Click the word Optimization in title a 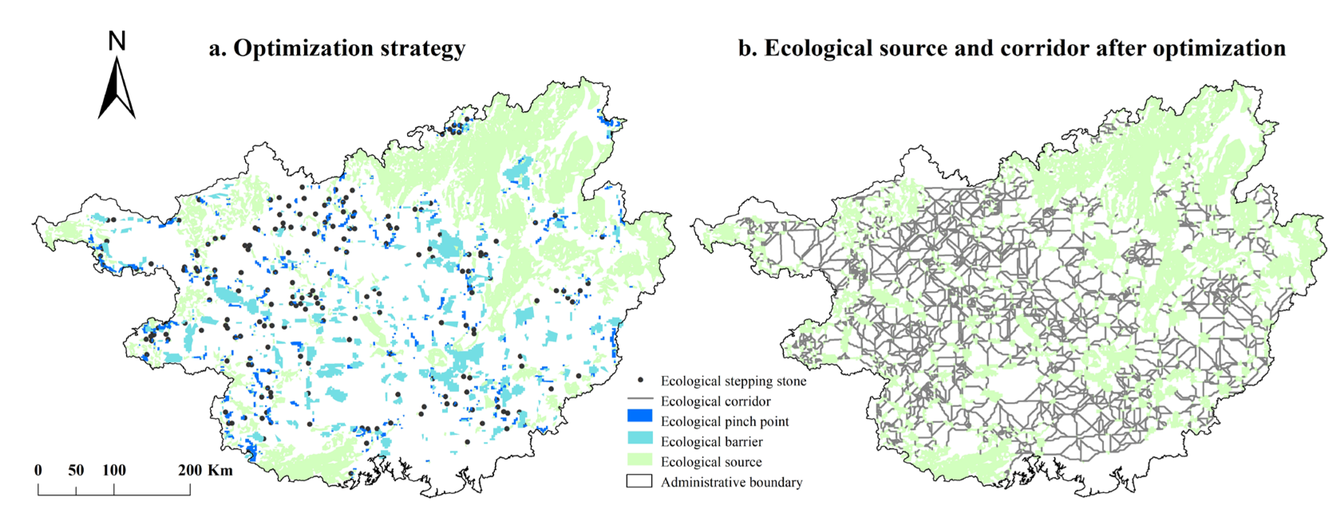(x=303, y=48)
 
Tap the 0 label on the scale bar (x=38, y=471)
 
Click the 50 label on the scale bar (x=76, y=471)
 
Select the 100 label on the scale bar (x=114, y=471)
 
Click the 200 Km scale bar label (x=205, y=471)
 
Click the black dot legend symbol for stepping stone (x=640, y=380)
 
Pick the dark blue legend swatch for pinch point (x=640, y=416)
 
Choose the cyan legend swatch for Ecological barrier (x=640, y=437)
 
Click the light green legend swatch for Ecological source (x=640, y=459)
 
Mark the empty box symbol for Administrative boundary (x=640, y=481)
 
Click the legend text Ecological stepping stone (x=734, y=381)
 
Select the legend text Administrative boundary (x=732, y=483)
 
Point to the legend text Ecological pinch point (x=725, y=422)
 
